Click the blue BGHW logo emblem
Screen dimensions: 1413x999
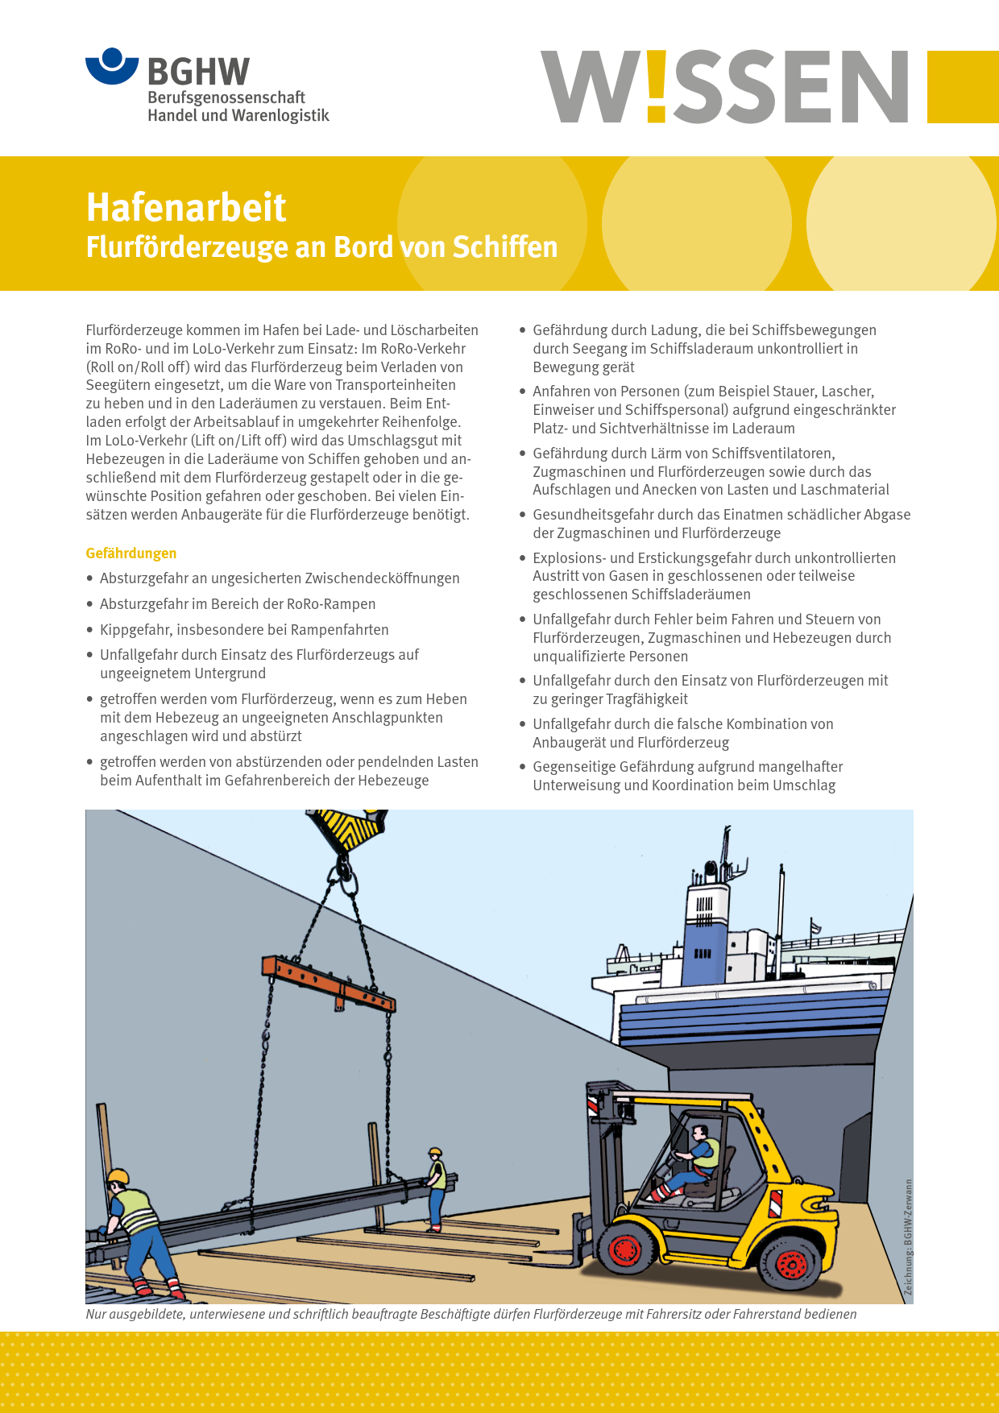coord(112,66)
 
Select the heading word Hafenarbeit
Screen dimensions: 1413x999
coord(186,208)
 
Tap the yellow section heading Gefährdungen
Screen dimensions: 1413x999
coord(131,553)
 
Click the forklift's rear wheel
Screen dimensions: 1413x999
coord(790,1263)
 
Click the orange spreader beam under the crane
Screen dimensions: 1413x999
coord(328,982)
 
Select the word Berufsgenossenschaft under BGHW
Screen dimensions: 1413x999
coord(226,97)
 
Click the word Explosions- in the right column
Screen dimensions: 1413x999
coord(571,558)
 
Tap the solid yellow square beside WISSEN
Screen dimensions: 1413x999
coord(963,87)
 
